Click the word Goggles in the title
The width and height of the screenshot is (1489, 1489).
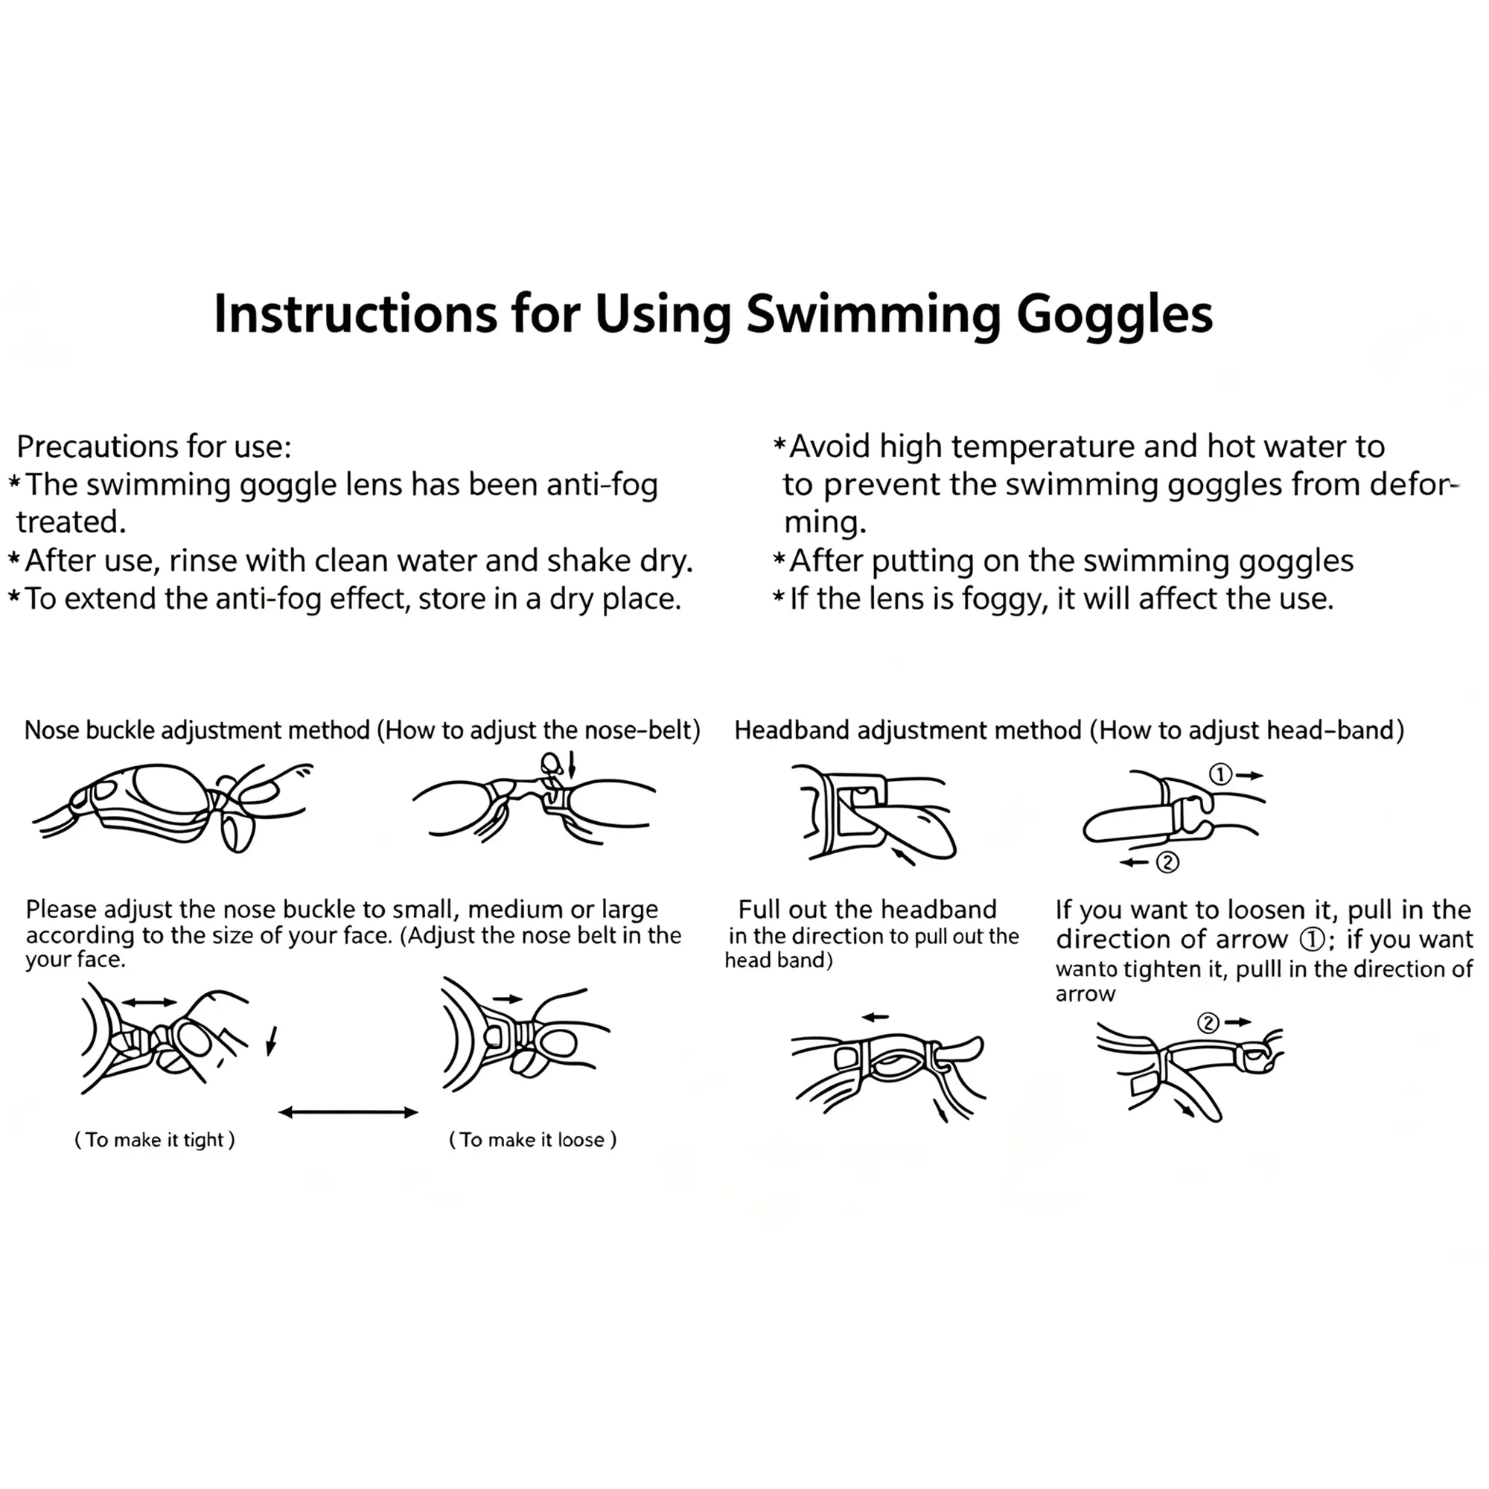point(1115,315)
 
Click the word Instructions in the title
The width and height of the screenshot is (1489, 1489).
point(355,313)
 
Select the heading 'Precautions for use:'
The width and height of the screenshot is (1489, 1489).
point(154,447)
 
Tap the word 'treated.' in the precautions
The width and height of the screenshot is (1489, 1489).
point(71,523)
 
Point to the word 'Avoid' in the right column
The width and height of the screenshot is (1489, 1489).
point(830,447)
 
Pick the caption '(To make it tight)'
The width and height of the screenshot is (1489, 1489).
point(154,1140)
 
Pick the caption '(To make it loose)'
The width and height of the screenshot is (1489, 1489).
point(532,1140)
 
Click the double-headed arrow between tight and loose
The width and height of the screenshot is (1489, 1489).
point(348,1112)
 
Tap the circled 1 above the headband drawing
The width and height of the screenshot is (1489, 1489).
point(1220,774)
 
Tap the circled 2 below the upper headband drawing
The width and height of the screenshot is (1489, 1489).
point(1167,862)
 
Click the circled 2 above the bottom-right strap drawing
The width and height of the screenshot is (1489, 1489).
point(1208,1023)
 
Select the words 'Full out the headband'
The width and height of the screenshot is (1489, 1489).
point(867,910)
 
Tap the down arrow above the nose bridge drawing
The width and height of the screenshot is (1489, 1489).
point(571,766)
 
